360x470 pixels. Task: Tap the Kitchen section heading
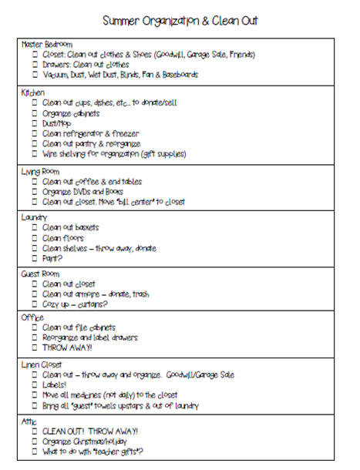tap(34, 92)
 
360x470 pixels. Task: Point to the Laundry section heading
tap(35, 217)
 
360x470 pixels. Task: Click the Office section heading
tap(32, 317)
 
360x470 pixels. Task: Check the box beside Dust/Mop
tap(35, 123)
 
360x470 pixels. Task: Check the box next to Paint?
tap(35, 259)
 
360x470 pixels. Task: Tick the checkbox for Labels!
tap(35, 384)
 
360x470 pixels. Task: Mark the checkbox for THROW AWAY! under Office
tap(35, 348)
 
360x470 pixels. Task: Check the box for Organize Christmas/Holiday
tap(35, 441)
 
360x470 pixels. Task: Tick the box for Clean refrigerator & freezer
tap(35, 133)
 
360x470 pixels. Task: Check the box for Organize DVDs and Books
tap(35, 192)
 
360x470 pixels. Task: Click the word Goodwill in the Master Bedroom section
tap(172, 55)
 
